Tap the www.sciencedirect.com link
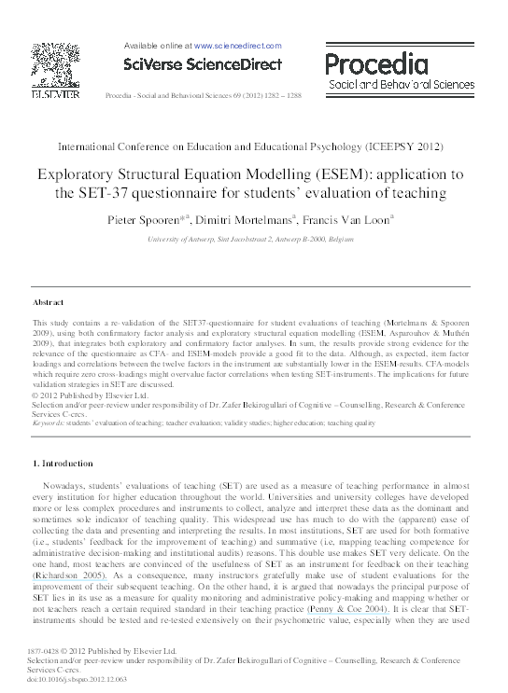pos(238,44)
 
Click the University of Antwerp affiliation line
pos(253,240)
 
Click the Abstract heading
pos(49,303)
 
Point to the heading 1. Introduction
pos(63,464)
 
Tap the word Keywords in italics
pos(51,423)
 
